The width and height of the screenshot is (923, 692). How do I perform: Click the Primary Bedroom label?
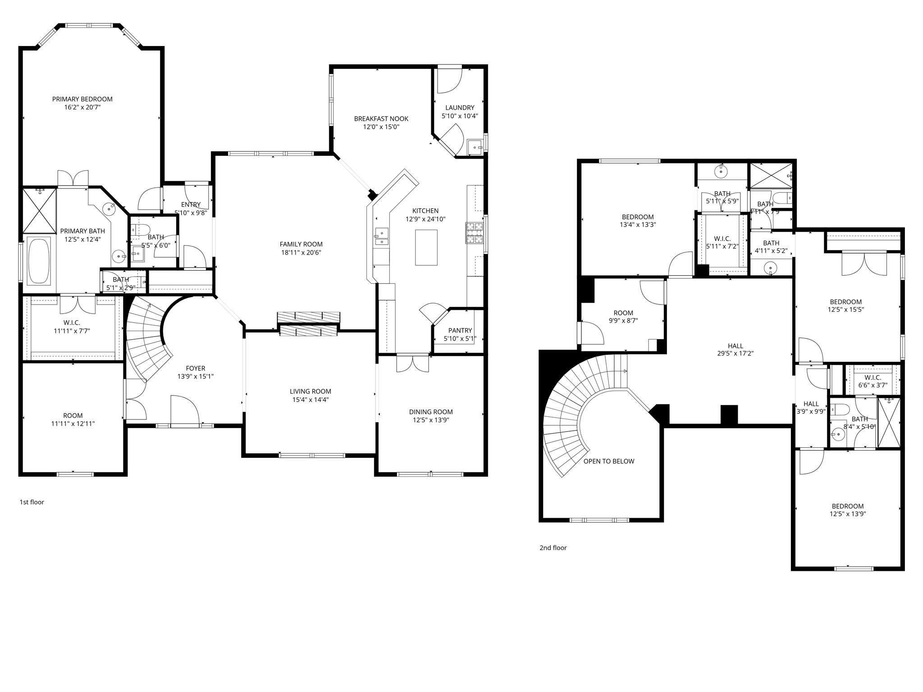(82, 99)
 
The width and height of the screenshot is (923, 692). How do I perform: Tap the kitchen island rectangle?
(426, 247)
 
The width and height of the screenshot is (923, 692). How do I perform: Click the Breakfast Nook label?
(381, 119)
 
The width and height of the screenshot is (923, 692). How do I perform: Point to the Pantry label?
(460, 330)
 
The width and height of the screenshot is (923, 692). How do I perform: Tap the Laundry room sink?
(475, 146)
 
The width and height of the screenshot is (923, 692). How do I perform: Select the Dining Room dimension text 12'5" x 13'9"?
(430, 420)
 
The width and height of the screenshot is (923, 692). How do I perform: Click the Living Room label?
(310, 392)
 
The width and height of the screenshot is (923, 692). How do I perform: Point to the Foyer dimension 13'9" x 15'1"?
(195, 376)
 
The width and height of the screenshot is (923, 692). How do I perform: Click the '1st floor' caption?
(32, 502)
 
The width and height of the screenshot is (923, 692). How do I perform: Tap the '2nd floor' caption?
(553, 548)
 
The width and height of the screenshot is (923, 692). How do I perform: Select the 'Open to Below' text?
(608, 461)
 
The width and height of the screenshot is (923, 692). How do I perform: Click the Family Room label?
(301, 244)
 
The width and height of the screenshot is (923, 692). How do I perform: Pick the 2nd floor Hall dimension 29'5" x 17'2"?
(735, 354)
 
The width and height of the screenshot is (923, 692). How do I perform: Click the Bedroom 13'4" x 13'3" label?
(637, 217)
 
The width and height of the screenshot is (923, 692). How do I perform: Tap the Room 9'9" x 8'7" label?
(623, 313)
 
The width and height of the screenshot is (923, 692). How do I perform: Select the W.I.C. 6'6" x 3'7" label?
(873, 378)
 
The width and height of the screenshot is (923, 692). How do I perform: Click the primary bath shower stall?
(40, 209)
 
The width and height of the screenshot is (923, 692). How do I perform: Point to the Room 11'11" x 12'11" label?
(73, 415)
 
